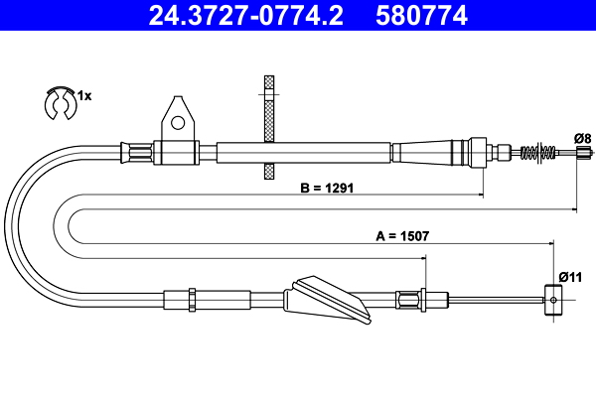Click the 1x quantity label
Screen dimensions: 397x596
tap(84, 96)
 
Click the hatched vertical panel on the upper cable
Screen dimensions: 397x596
tap(267, 128)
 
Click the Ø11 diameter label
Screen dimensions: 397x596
tap(570, 276)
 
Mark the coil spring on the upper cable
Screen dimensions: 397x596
tap(537, 153)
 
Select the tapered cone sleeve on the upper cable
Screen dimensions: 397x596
tap(427, 153)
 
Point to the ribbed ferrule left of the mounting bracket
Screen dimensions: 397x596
tap(138, 153)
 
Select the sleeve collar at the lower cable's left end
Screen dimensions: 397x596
tap(183, 297)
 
